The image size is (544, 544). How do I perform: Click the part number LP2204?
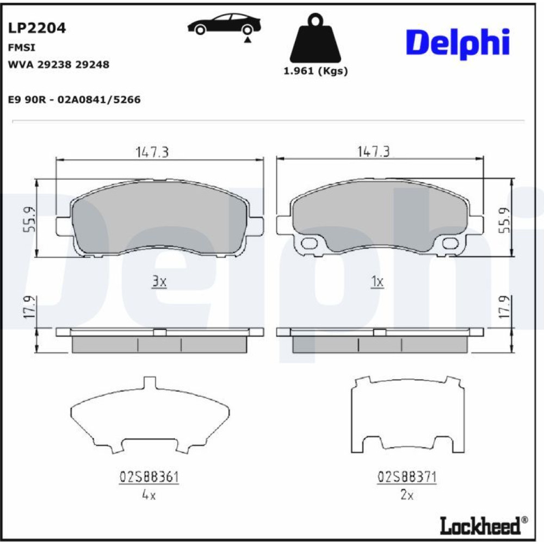pyautogui.click(x=37, y=28)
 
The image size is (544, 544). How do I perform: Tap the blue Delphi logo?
pyautogui.click(x=458, y=43)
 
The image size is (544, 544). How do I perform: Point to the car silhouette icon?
pyautogui.click(x=224, y=26)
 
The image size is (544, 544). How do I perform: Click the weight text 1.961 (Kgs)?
pyautogui.click(x=316, y=71)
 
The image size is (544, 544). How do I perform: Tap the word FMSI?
pyautogui.click(x=22, y=47)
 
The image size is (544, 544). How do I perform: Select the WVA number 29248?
pyautogui.click(x=92, y=65)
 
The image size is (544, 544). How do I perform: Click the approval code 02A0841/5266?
pyautogui.click(x=99, y=100)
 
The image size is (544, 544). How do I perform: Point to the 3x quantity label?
pyautogui.click(x=159, y=282)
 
